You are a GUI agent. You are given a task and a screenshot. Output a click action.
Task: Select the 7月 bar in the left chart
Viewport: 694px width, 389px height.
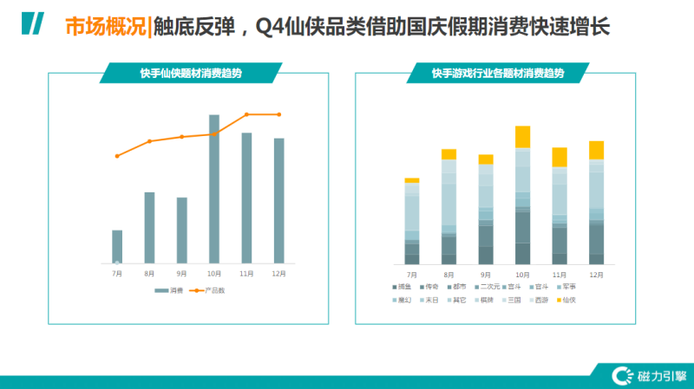click(117, 247)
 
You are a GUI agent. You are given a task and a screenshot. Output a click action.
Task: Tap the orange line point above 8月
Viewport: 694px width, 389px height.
click(149, 140)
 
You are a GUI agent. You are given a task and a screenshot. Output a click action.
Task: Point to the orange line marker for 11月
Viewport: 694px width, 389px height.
click(246, 114)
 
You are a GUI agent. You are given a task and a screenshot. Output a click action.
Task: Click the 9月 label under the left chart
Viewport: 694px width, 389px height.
click(181, 273)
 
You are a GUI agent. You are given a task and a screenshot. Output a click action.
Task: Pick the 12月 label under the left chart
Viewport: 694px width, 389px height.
click(278, 273)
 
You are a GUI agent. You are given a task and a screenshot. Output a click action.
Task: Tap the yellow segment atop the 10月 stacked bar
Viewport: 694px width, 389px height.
click(522, 137)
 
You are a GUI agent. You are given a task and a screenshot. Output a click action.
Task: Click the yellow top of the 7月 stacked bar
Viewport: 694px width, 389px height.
click(412, 180)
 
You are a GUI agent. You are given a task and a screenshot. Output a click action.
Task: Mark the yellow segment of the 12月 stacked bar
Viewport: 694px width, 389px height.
click(596, 150)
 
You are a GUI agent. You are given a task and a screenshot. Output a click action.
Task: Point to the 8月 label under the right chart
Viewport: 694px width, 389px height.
click(448, 274)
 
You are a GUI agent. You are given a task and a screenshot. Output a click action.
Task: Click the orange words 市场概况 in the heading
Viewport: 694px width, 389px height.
click(105, 27)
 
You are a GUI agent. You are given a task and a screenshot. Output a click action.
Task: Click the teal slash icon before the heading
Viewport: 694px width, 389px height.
click(33, 25)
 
